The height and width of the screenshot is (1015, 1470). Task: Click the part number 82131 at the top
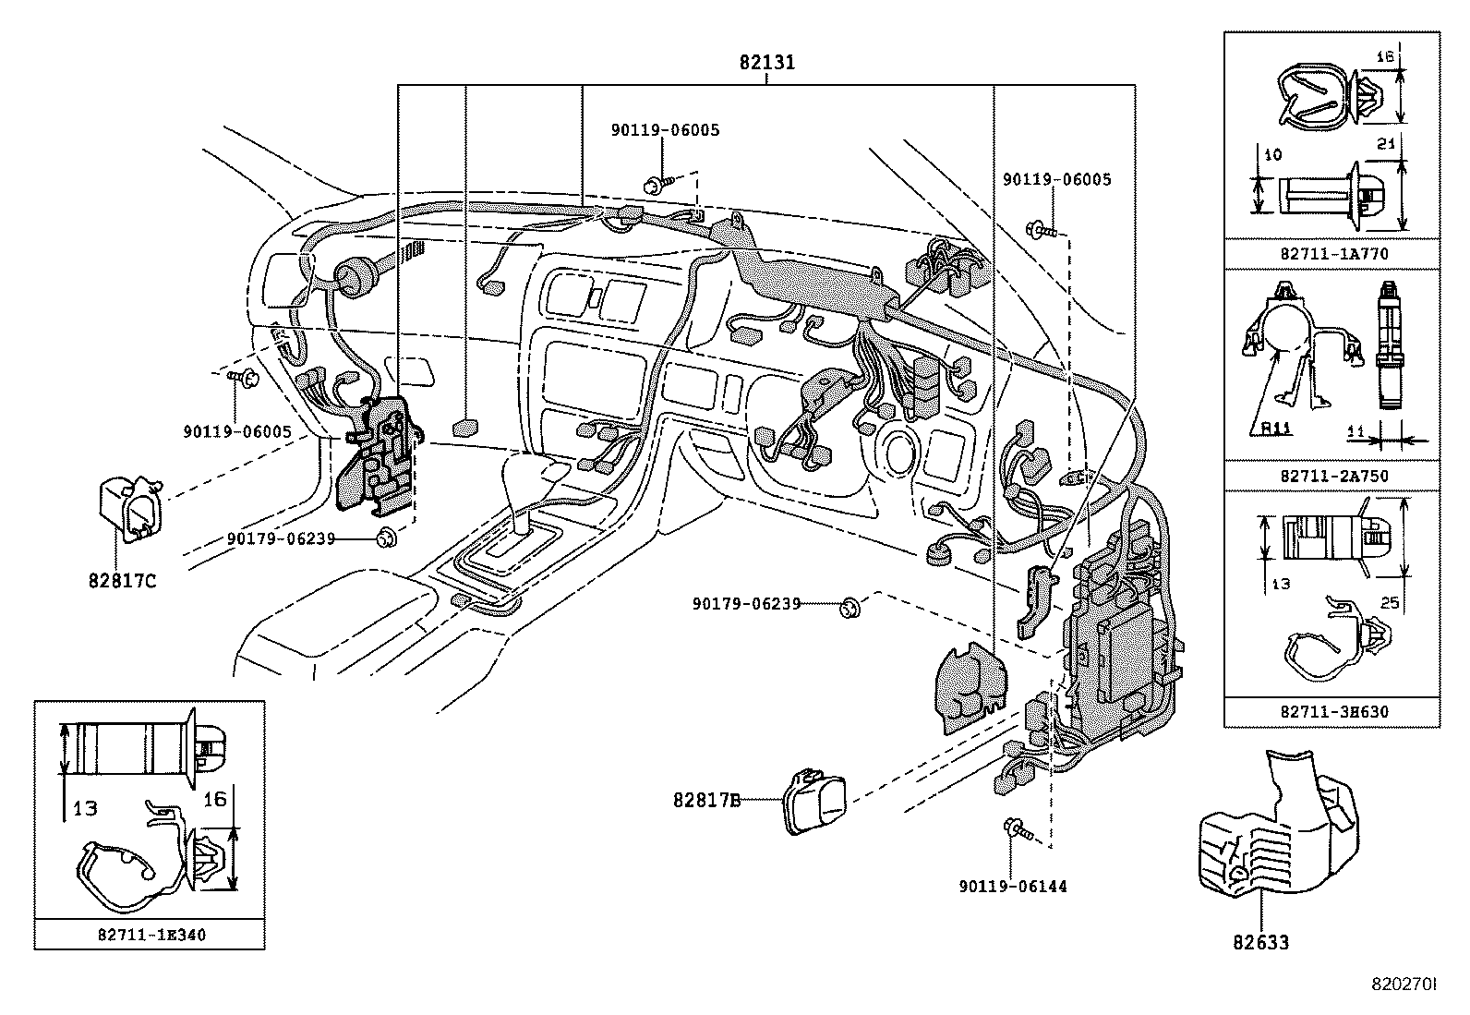tap(766, 63)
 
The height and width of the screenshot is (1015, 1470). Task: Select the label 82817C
tap(123, 581)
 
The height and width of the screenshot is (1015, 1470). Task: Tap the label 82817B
tap(706, 801)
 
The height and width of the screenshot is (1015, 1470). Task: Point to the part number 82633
tap(1260, 942)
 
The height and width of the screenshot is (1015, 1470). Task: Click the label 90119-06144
tap(1012, 887)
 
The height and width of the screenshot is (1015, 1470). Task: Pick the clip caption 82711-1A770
tap(1333, 253)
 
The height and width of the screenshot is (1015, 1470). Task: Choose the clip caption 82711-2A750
tap(1333, 476)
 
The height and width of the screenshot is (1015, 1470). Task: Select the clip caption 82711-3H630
tap(1333, 712)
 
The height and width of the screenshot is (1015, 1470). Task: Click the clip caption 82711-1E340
tap(151, 935)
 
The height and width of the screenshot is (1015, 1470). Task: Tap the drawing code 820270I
tap(1404, 985)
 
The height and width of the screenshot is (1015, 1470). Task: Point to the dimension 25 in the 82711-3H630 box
tap(1390, 603)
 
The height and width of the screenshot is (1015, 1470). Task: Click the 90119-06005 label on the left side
tap(237, 432)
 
